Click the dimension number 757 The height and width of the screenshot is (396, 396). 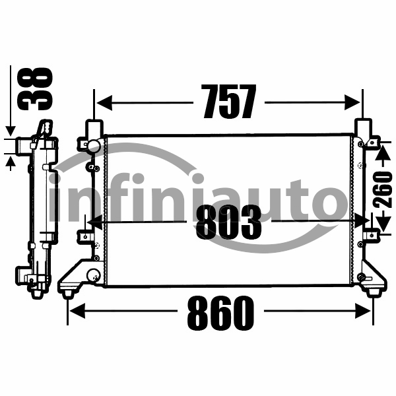click(228, 102)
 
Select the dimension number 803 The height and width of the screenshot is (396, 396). click(228, 222)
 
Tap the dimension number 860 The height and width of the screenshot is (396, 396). click(220, 313)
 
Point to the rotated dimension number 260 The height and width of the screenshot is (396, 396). click(383, 189)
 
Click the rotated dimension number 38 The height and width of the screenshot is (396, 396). click(35, 88)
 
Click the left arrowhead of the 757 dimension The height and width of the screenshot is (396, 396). click(104, 103)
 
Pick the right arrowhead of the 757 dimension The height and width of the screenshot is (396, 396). click(352, 102)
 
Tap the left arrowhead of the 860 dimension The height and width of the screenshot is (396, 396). click(77, 311)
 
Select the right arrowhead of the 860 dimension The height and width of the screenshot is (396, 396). click(363, 311)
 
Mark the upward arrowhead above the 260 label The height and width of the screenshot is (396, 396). click(383, 153)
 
